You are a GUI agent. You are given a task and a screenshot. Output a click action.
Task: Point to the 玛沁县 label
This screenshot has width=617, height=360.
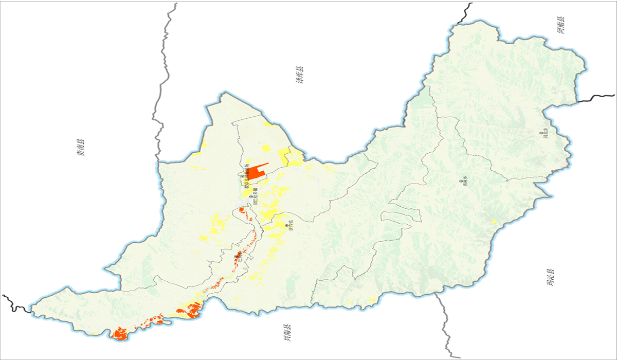click(x=551, y=277)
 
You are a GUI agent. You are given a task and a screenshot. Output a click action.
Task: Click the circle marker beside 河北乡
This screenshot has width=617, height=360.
click(x=541, y=133)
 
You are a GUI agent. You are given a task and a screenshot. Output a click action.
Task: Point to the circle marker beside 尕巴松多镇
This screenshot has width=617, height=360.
click(x=251, y=196)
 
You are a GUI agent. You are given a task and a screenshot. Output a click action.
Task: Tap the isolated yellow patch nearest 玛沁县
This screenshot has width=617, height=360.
click(x=494, y=222)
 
